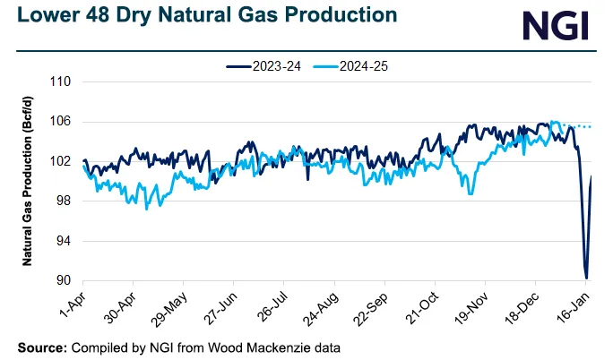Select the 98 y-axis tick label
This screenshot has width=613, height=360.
point(64,201)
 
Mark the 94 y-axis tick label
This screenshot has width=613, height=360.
point(64,241)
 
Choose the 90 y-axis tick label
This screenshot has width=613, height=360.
point(64,281)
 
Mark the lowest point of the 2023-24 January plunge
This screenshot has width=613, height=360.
point(585,278)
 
